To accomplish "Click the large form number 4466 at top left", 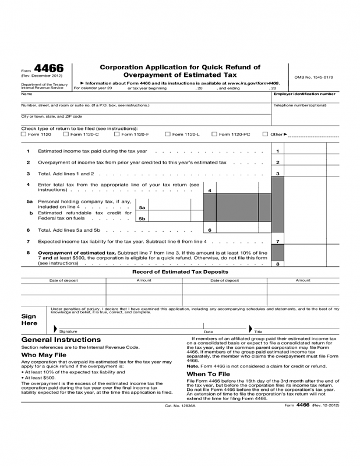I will pyautogui.click(x=49, y=69).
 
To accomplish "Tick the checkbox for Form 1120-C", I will pyautogui.click(x=66, y=135).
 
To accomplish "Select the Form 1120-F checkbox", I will pyautogui.click(x=117, y=135).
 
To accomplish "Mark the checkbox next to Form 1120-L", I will pyautogui.click(x=167, y=135).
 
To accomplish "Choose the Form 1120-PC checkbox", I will pyautogui.click(x=214, y=135).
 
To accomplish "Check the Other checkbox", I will pyautogui.click(x=265, y=135).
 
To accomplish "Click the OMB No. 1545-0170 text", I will pyautogui.click(x=313, y=77).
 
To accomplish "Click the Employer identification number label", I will pyautogui.click(x=304, y=94).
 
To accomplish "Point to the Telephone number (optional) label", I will pyautogui.click(x=300, y=105).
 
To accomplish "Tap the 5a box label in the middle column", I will pyautogui.click(x=142, y=207).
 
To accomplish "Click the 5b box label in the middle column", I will pyautogui.click(x=142, y=219).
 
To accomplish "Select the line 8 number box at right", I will pyautogui.click(x=278, y=263).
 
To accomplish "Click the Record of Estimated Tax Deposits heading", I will pyautogui.click(x=180, y=272).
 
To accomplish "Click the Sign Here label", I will pyautogui.click(x=29, y=320).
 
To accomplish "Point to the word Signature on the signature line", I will pyautogui.click(x=68, y=331).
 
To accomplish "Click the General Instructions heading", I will pyautogui.click(x=61, y=340).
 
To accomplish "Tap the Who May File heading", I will pyautogui.click(x=44, y=354).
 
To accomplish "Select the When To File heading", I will pyautogui.click(x=208, y=374).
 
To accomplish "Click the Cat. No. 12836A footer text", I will pyautogui.click(x=181, y=405).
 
